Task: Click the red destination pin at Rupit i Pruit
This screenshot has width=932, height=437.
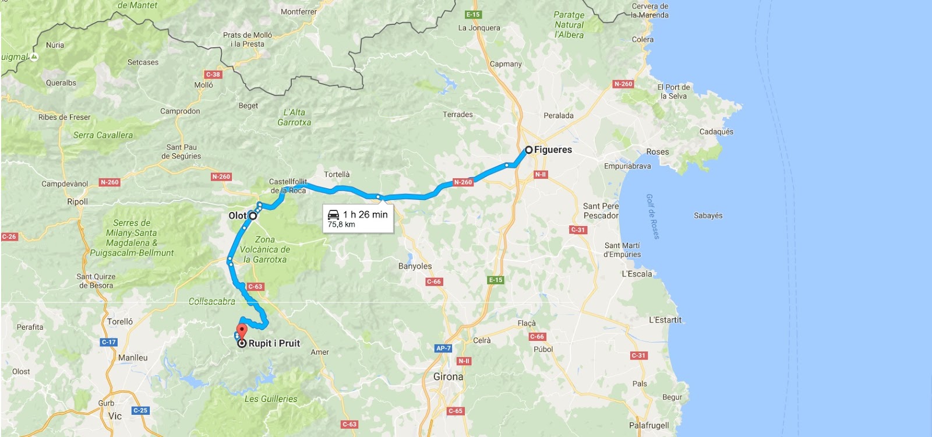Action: coord(242,331)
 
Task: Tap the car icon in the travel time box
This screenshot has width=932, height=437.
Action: coord(333,214)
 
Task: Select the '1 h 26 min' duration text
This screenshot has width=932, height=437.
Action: coord(365,214)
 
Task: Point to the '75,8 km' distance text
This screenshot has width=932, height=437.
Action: coord(341,224)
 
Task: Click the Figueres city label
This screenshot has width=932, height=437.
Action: coord(553,150)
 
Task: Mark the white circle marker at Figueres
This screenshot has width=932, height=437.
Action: coord(529,150)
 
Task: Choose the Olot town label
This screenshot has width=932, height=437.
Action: coord(237,216)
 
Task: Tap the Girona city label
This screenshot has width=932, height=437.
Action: coord(448,377)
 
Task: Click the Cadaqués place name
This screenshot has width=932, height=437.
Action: coord(716,132)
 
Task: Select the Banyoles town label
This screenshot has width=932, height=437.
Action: coord(415,266)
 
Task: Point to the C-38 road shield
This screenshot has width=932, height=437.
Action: coord(213,75)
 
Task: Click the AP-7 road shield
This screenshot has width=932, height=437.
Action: coord(443,348)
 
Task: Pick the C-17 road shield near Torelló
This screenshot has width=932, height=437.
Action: coord(109,342)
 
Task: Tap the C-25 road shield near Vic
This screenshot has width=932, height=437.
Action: coord(140,410)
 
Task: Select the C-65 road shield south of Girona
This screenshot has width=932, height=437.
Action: coord(456,411)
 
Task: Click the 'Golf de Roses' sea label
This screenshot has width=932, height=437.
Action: coord(652,216)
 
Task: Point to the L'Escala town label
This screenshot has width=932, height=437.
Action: coord(637,274)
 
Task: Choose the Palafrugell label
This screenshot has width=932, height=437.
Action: coord(649,425)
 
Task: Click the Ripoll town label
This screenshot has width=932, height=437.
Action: coord(77,202)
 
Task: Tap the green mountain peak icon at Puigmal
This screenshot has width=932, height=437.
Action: coord(34,57)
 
